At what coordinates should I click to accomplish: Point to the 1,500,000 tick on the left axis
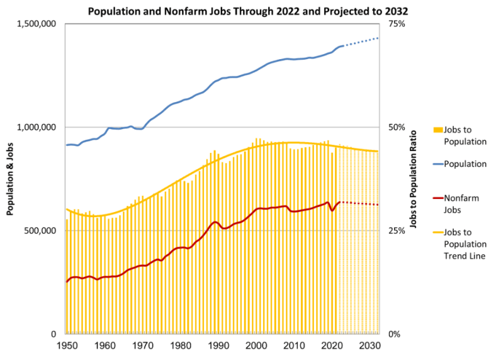(x=39, y=24)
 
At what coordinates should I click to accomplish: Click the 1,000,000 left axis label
(x=39, y=127)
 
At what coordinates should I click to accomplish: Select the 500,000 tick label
(x=43, y=231)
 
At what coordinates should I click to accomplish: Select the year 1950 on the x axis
(x=66, y=347)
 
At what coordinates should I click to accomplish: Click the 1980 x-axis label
(x=180, y=347)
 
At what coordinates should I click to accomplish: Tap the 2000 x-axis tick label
(x=256, y=347)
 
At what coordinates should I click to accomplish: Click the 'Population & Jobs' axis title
(x=11, y=179)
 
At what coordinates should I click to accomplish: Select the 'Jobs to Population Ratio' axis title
(x=414, y=179)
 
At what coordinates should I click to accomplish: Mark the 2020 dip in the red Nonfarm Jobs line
(x=332, y=210)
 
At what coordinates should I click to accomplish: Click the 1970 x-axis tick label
(x=142, y=347)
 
